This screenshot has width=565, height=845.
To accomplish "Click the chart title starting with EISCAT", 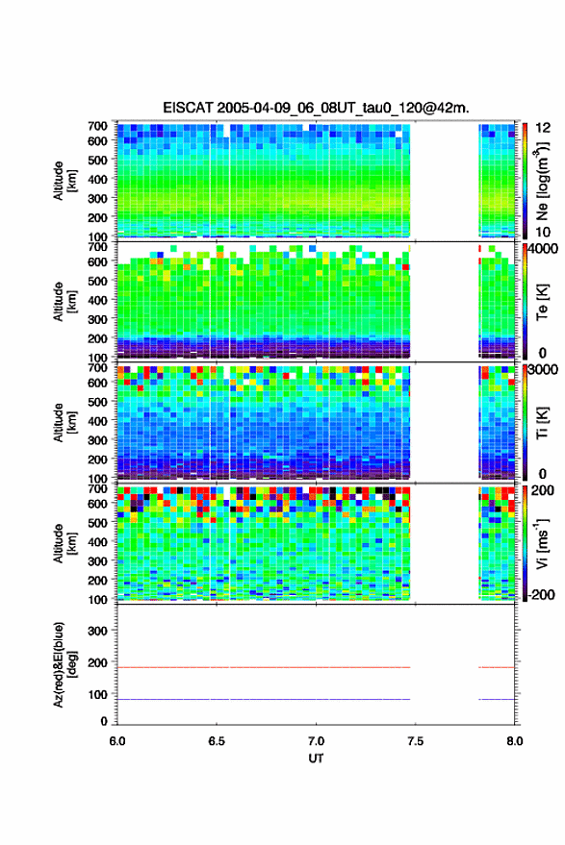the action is [x=317, y=108].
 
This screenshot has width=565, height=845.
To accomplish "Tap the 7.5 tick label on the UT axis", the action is [x=415, y=741].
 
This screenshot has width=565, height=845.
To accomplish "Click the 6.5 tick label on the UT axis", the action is [x=217, y=741].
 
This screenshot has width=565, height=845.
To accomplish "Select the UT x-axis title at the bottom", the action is [x=317, y=758].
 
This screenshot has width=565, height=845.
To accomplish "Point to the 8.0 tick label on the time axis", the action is [x=515, y=741].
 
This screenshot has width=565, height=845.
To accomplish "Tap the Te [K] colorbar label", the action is [x=542, y=302].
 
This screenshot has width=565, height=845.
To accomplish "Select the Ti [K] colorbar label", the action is [x=542, y=423].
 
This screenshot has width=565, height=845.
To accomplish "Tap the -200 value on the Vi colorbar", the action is [x=542, y=594].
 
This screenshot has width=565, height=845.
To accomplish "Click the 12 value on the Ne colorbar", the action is [x=544, y=128].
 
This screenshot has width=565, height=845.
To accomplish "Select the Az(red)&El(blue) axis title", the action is [x=64, y=664].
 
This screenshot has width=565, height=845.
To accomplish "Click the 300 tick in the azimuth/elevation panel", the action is [x=98, y=631].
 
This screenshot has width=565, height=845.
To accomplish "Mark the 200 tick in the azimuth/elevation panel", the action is [x=98, y=662].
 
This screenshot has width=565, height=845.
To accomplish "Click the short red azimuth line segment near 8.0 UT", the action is [x=497, y=667].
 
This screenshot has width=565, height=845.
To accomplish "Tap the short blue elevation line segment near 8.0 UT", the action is [x=497, y=699].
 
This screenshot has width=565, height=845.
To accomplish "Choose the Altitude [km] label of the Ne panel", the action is [x=64, y=181].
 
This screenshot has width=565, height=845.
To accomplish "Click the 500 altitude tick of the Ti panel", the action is [x=98, y=402].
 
